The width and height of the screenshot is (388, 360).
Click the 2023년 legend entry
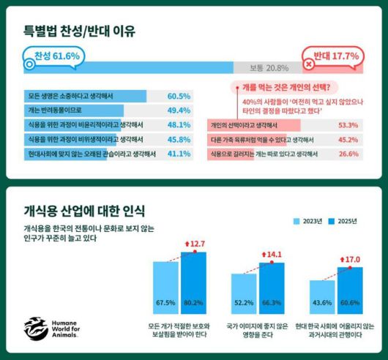tap(308, 220)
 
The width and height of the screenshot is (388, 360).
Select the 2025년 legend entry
tap(342, 220)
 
